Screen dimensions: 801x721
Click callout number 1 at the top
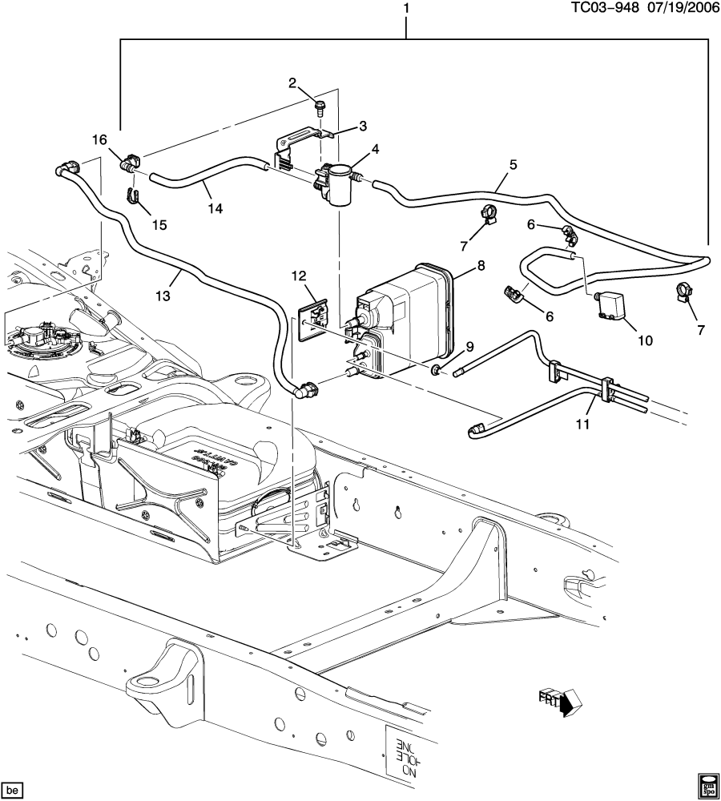[x=406, y=9]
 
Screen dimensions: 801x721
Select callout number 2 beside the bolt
[x=292, y=83]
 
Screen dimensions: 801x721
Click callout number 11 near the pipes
[x=583, y=424]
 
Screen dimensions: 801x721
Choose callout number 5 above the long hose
[x=513, y=165]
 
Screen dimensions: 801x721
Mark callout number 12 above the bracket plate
[x=300, y=276]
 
